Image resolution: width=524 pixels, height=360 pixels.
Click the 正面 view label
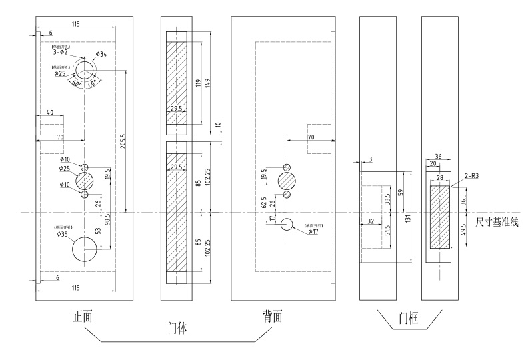coord(81,317)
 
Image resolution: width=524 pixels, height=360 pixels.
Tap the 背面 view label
coord(273,317)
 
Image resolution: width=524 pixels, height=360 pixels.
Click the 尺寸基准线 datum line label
coord(496,223)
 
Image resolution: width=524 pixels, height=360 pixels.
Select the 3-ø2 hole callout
coord(61,51)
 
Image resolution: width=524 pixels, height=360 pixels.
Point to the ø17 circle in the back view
coord(287,224)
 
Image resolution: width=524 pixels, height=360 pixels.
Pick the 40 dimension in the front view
coord(50,112)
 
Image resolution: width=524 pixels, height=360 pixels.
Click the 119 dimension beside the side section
coord(198,83)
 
